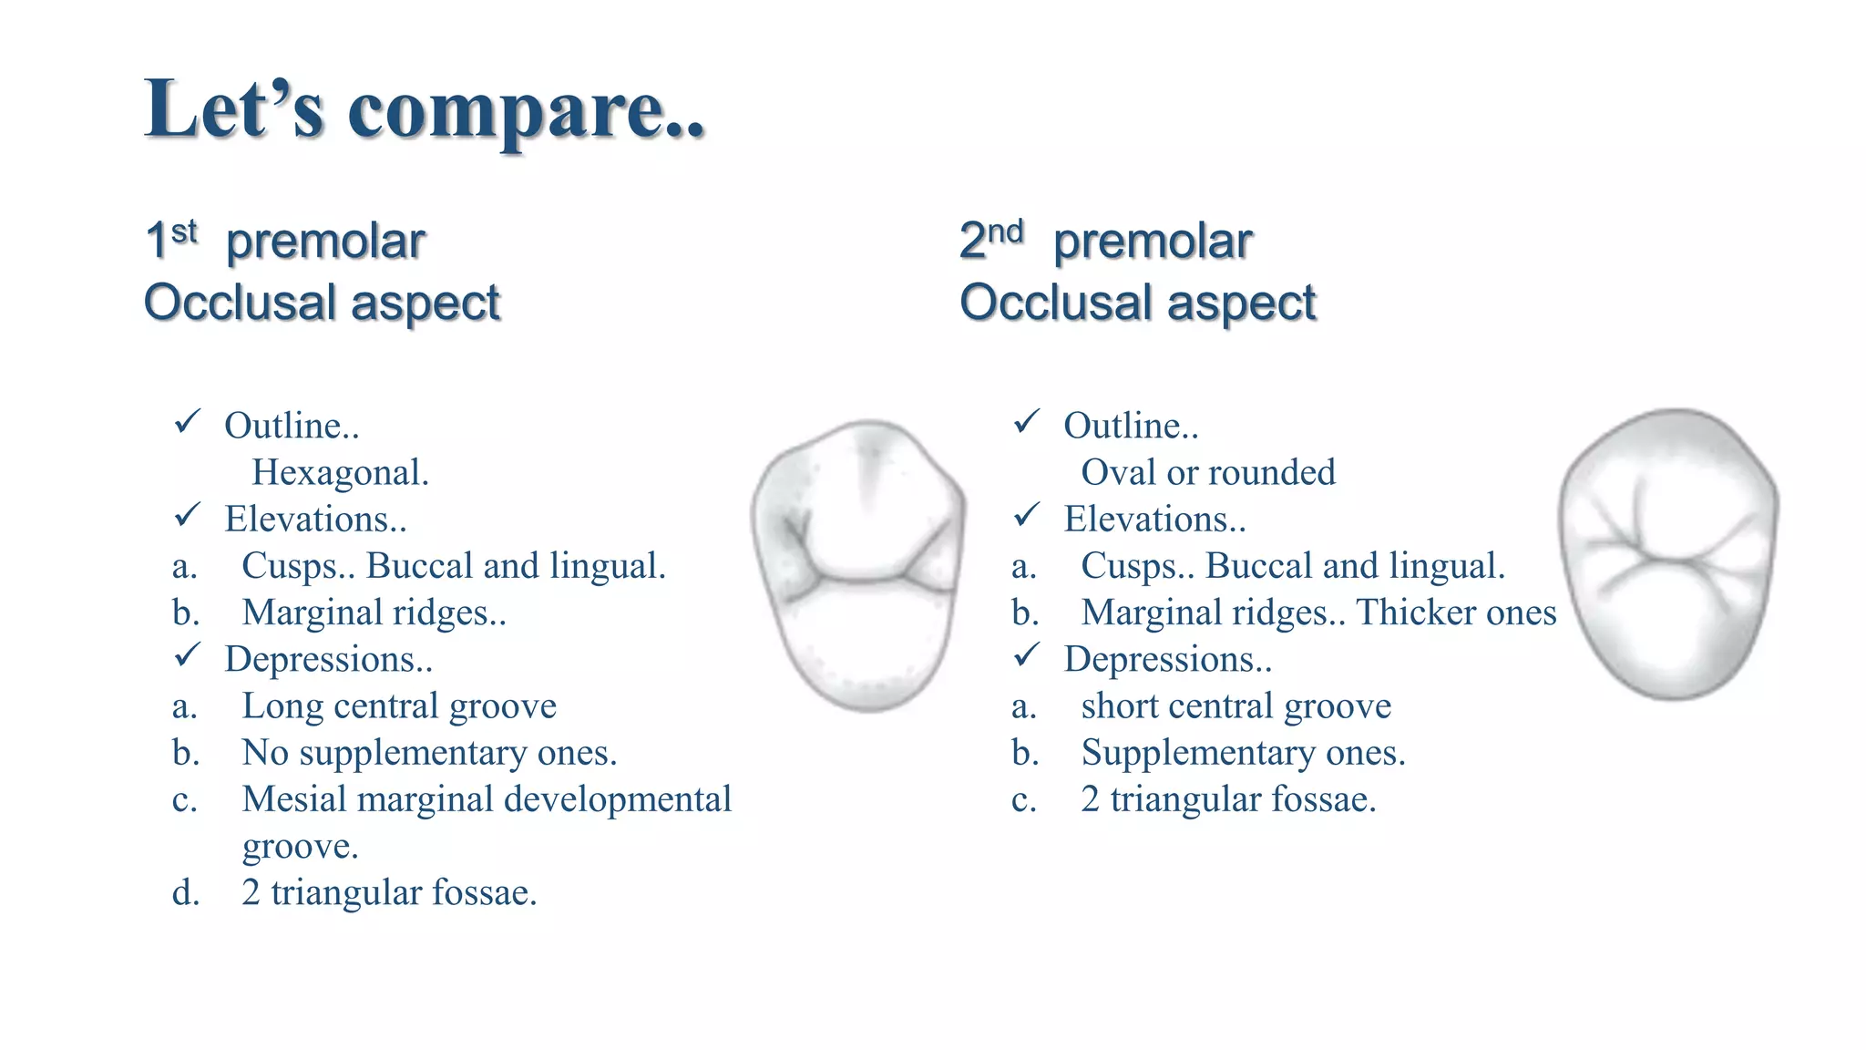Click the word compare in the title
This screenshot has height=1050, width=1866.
526,111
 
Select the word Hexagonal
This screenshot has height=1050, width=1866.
340,472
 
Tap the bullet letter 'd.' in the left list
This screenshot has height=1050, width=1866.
186,893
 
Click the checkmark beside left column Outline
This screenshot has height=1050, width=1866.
187,422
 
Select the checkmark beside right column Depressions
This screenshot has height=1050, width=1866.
1026,655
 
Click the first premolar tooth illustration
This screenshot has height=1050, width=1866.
857,565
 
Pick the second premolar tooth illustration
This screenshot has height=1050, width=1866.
1668,554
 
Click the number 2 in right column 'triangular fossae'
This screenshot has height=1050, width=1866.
1090,799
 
